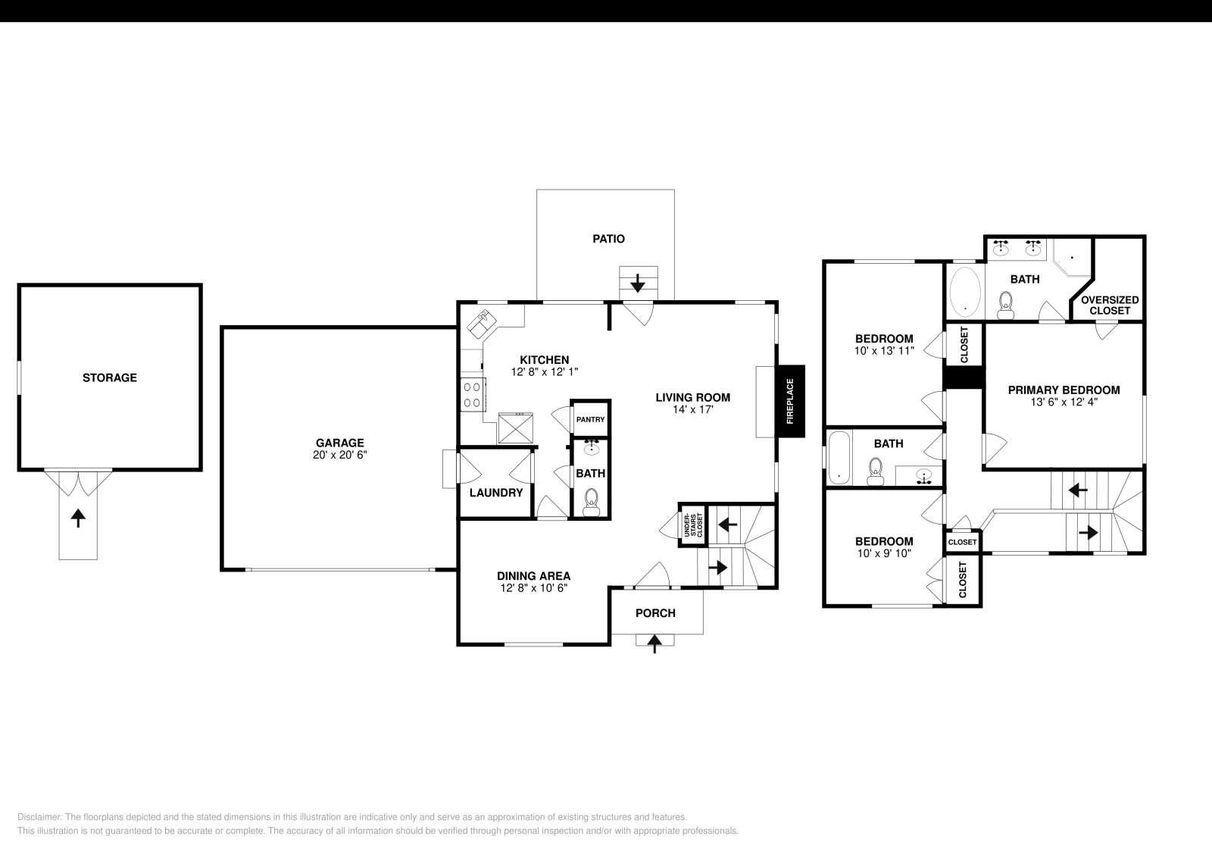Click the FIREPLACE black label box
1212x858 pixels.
click(789, 401)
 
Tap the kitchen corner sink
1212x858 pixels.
click(481, 324)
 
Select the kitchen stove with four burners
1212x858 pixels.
click(472, 394)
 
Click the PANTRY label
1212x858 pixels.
click(590, 419)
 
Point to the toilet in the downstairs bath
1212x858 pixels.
click(592, 500)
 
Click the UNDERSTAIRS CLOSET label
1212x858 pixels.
click(692, 525)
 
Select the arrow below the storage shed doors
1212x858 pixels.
click(78, 518)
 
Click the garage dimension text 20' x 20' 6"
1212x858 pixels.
click(339, 456)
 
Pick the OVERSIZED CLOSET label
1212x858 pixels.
click(1110, 305)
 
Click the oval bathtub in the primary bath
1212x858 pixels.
click(965, 292)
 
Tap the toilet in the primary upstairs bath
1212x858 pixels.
click(1006, 306)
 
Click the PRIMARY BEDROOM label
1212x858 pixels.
click(1064, 390)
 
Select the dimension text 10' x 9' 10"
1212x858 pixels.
click(883, 553)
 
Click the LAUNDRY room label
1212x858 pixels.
click(496, 493)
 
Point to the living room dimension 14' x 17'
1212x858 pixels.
click(692, 409)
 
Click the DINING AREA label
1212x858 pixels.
click(533, 576)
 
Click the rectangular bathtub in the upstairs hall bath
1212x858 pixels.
click(839, 457)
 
